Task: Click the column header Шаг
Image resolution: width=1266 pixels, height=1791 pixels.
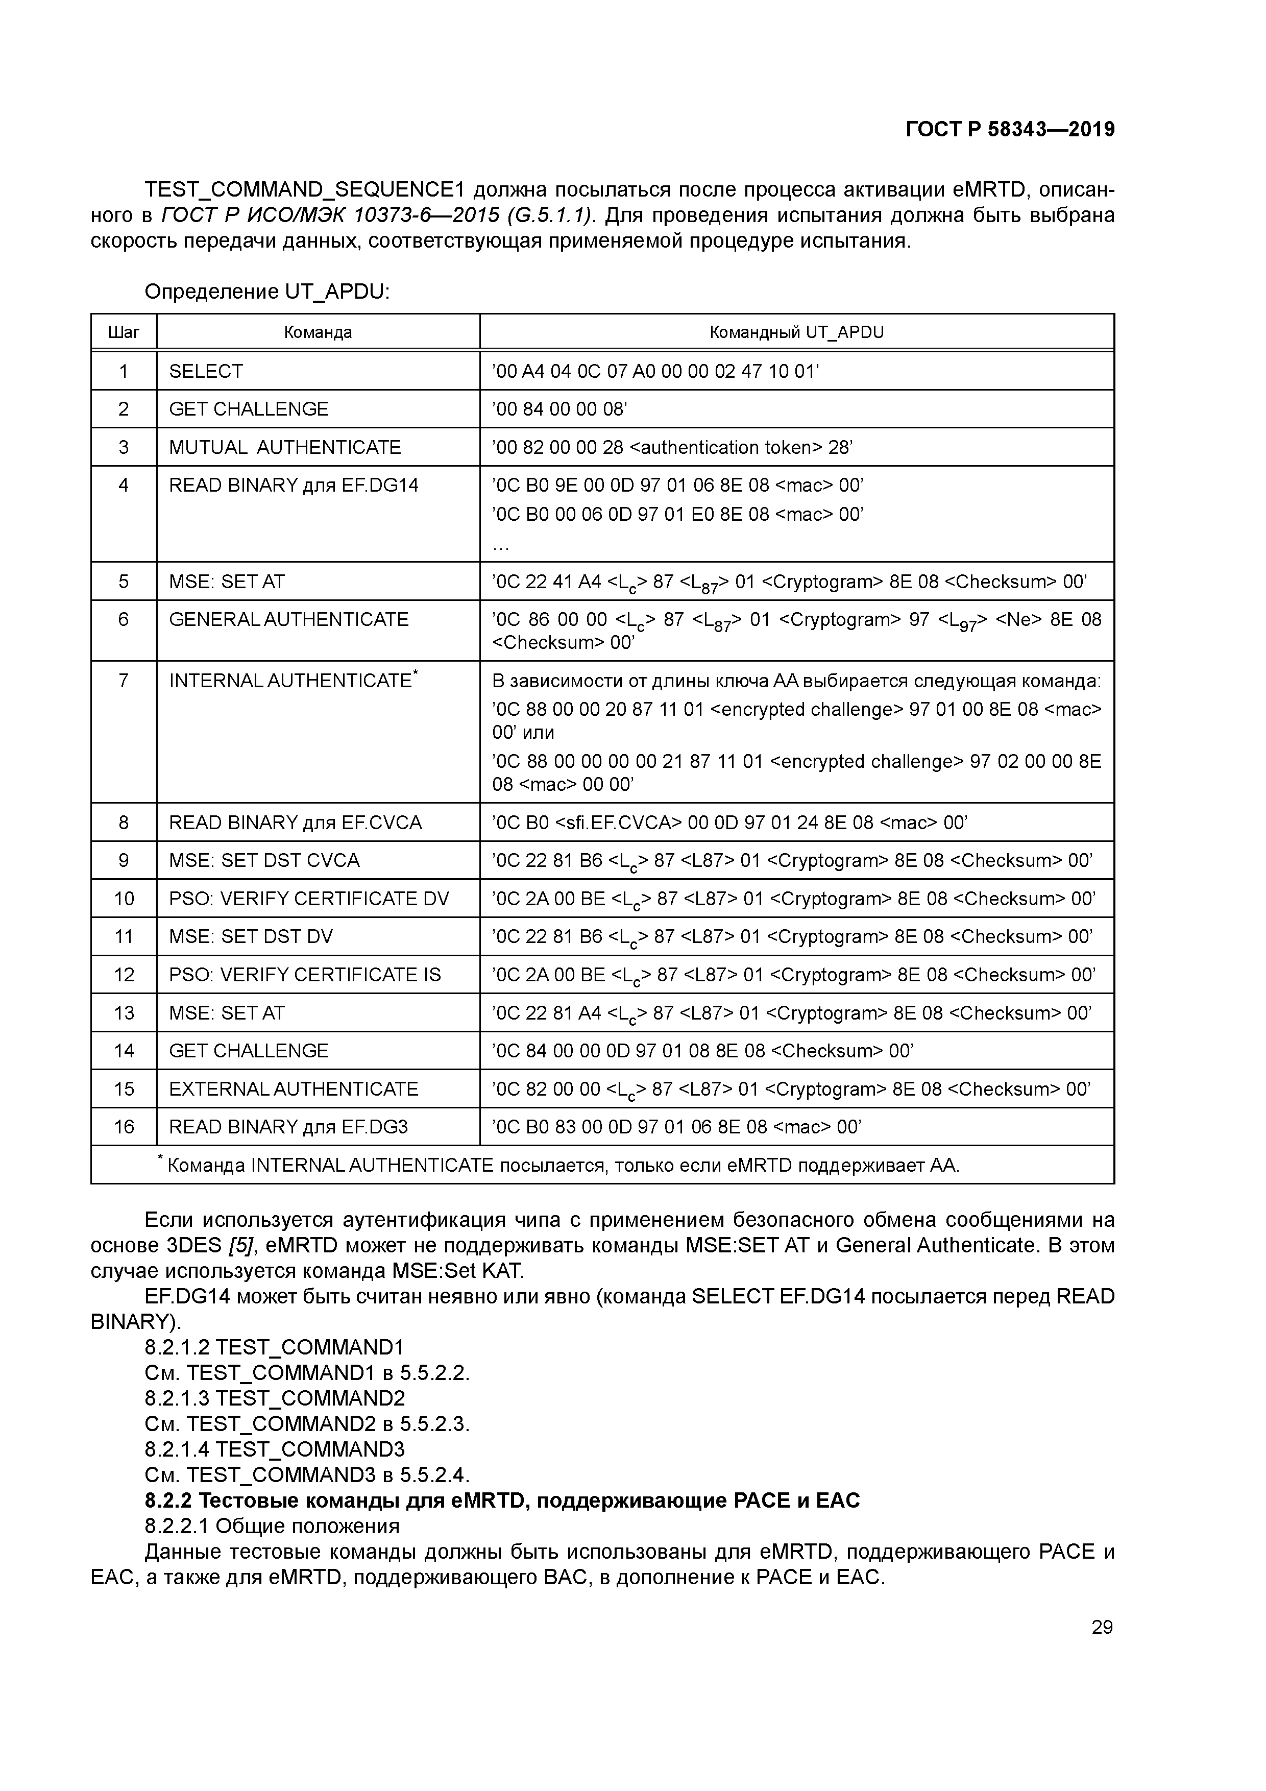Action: [x=123, y=332]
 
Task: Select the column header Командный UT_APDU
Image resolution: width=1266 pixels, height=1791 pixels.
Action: [x=796, y=332]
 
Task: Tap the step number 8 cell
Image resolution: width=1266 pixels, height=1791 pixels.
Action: [x=123, y=823]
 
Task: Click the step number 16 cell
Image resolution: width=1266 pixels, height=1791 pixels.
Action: [x=123, y=1127]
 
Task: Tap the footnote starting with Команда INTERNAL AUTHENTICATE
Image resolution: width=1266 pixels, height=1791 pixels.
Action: [x=562, y=1166]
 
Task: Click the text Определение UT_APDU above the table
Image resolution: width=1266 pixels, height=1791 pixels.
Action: [x=267, y=292]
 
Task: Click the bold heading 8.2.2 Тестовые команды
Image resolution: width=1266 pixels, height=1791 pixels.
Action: [x=502, y=1500]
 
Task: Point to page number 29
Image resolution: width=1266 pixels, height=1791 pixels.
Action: [x=1102, y=1627]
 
